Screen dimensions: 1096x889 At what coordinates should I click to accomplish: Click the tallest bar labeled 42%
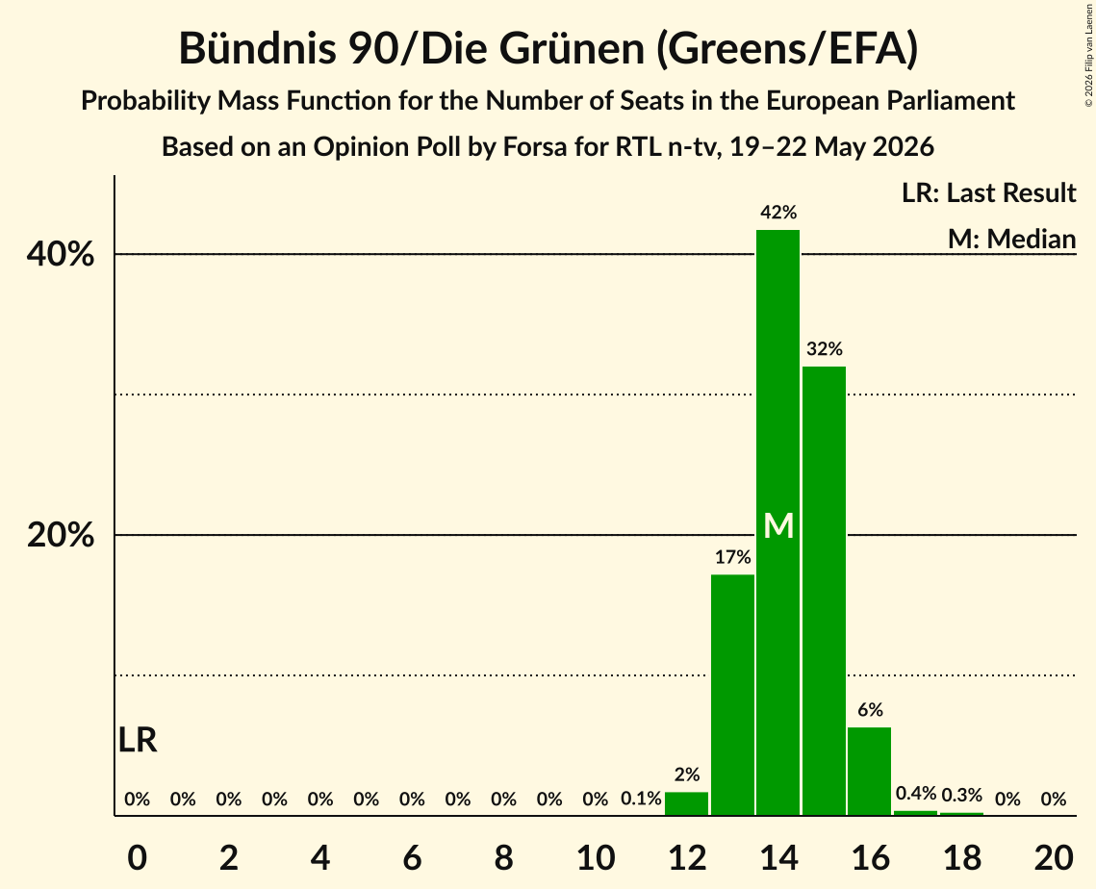point(777,522)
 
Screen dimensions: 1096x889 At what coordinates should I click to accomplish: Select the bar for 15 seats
point(824,591)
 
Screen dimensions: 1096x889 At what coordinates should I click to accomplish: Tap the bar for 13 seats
point(732,695)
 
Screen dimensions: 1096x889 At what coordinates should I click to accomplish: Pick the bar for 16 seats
point(870,771)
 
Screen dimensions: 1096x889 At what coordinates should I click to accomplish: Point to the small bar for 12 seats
point(686,803)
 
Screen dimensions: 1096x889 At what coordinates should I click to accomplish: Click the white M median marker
point(777,525)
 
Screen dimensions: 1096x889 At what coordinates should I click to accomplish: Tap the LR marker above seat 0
point(138,740)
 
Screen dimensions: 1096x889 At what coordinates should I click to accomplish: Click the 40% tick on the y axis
point(61,254)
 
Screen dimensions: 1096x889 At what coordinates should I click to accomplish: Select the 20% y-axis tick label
point(61,535)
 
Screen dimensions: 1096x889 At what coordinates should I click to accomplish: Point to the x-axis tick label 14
point(777,857)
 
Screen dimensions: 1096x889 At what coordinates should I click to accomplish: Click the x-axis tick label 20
point(1054,857)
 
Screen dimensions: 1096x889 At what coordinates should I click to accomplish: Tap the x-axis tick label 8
point(503,857)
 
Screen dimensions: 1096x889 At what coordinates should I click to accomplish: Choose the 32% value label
point(824,348)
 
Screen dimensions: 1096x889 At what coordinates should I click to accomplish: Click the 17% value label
point(732,557)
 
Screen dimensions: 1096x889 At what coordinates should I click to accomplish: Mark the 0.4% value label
point(916,793)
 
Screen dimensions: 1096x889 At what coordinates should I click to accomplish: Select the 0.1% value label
point(641,799)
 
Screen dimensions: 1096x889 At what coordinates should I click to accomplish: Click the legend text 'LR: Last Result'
point(988,192)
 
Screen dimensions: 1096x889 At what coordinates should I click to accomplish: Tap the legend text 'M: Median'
point(1011,239)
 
